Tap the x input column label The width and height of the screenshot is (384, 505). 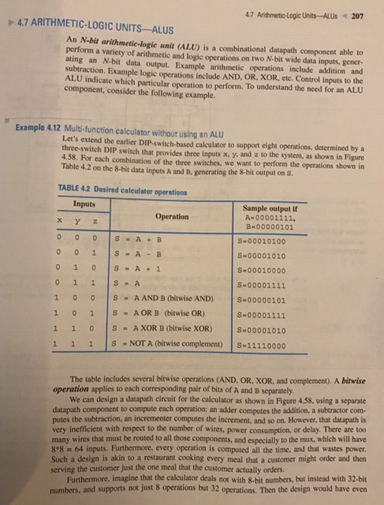coord(62,222)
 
